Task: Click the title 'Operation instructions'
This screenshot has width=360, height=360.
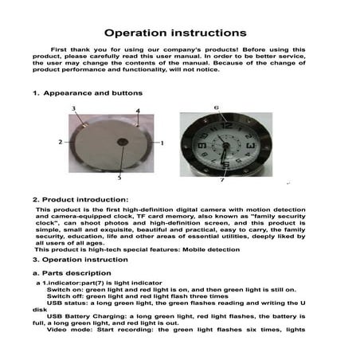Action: pos(181,33)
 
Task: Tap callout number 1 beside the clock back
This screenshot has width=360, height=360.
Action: pos(162,143)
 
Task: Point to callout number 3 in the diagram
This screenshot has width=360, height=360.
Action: pos(74,108)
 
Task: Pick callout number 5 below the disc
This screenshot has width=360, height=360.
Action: pos(120,178)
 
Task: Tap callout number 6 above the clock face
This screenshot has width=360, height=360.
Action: pos(216,107)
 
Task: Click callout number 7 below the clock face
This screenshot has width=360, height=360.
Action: pos(221,180)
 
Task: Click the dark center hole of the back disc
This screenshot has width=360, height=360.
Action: pos(122,143)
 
